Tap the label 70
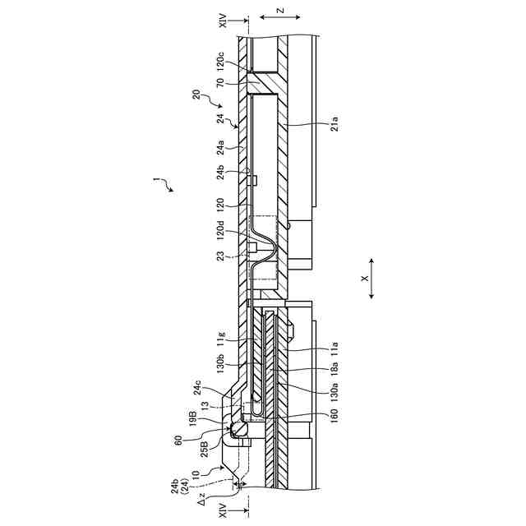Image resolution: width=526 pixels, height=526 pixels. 220,82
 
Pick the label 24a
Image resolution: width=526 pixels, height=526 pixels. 220,148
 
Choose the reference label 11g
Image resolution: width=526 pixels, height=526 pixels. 220,338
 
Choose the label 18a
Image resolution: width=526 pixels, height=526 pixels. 334,366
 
